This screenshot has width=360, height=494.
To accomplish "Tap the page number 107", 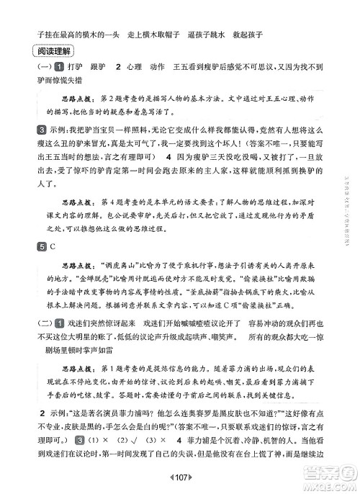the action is pyautogui.click(x=181, y=479).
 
